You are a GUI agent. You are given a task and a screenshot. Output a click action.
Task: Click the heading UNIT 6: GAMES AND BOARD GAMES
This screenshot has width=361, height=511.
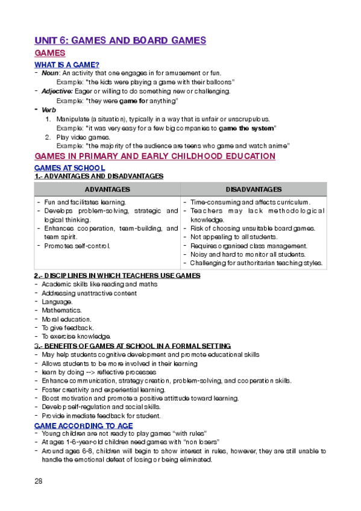click(x=121, y=40)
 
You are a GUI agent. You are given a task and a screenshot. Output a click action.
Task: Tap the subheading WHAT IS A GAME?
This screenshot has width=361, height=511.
click(x=67, y=64)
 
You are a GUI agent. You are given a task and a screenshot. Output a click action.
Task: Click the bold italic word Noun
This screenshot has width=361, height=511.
click(x=50, y=73)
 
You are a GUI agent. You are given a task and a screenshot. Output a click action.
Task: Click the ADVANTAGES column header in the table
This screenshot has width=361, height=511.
click(x=107, y=189)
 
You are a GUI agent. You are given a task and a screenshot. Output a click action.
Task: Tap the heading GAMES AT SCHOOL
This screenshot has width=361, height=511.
click(x=70, y=168)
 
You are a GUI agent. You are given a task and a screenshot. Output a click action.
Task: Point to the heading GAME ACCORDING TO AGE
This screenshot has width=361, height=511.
click(x=83, y=425)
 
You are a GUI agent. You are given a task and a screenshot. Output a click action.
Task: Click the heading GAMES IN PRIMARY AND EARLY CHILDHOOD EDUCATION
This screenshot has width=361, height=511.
click(x=155, y=156)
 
